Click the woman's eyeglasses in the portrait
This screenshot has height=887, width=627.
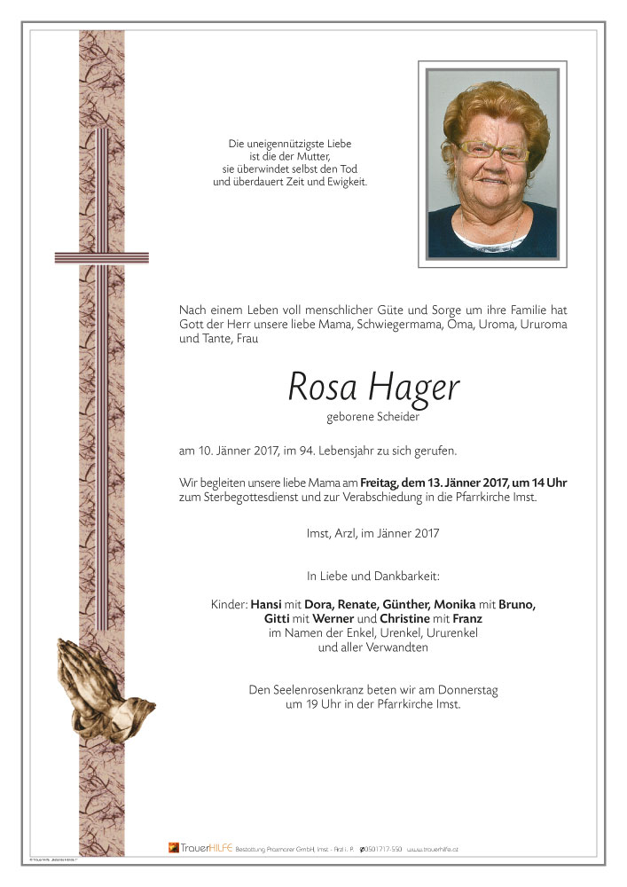[492, 151]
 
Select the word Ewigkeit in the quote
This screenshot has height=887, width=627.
[346, 182]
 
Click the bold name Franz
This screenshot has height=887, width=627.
[466, 618]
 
